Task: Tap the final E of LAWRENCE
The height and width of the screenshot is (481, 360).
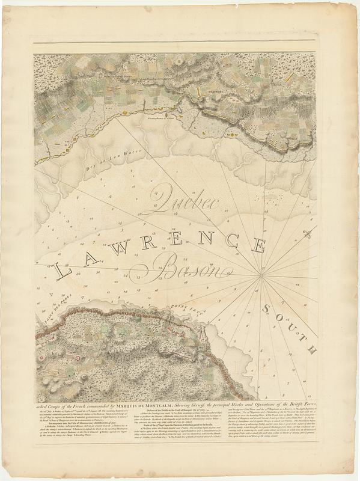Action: click(x=259, y=245)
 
